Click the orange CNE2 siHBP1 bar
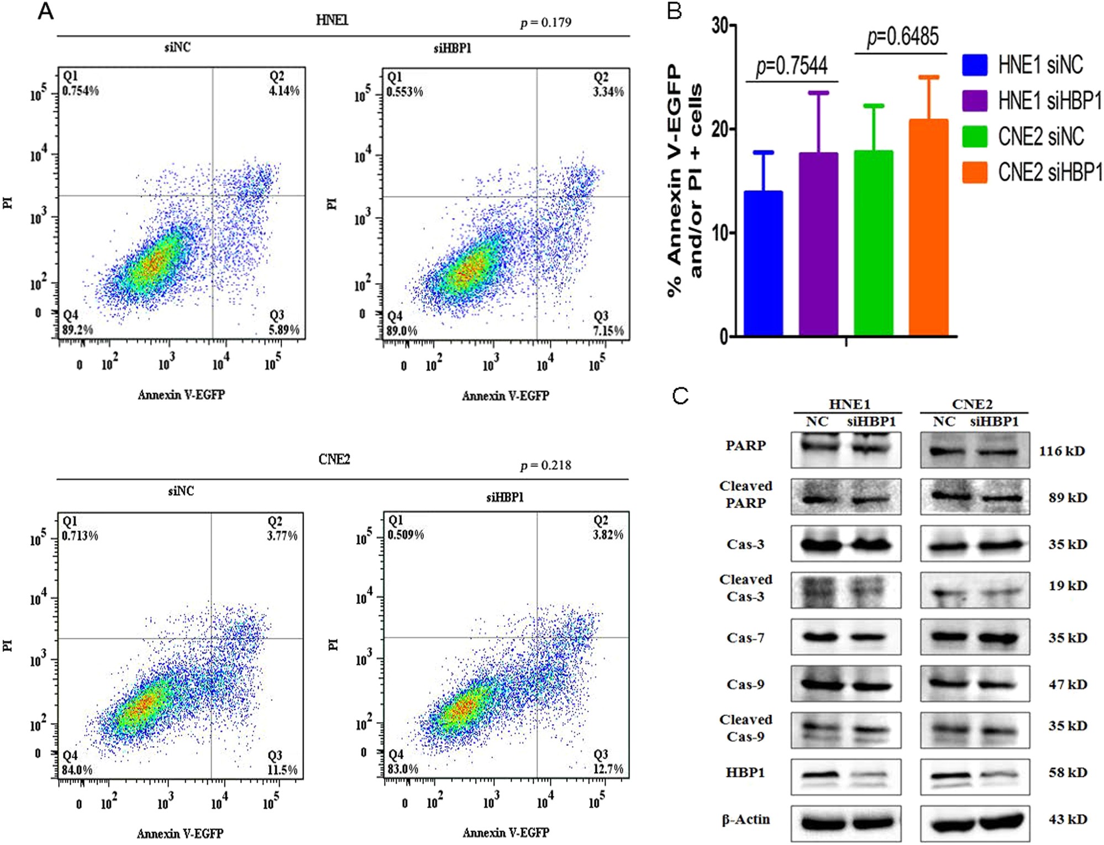928,227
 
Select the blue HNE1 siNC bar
763,263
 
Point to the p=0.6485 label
902,37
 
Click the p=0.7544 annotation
792,66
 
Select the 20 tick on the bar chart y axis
720,129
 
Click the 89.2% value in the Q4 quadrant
77,330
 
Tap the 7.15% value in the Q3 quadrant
608,331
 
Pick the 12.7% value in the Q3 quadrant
608,769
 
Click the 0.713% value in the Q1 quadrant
80,536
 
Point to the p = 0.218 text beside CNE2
545,466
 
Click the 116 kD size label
1061,451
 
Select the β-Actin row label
745,820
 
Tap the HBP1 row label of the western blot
745,773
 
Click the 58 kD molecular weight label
1068,773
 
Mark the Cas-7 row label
745,638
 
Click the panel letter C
680,395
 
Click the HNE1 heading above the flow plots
332,20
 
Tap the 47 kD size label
1068,684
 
